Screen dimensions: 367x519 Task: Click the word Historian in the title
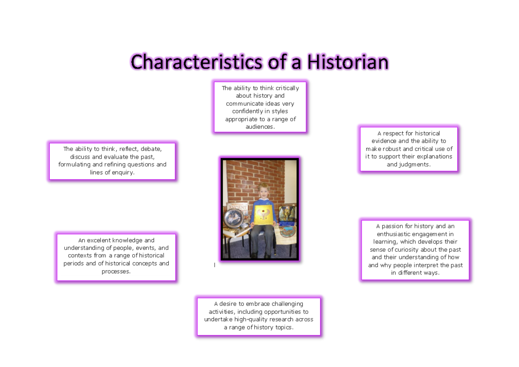[347, 62]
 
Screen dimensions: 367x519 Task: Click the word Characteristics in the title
[197, 62]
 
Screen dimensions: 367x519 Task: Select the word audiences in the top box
[259, 127]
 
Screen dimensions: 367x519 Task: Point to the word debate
[151, 149]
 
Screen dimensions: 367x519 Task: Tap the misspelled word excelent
[99, 240]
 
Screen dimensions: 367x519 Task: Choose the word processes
[116, 271]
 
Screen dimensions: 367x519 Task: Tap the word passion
[397, 226]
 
